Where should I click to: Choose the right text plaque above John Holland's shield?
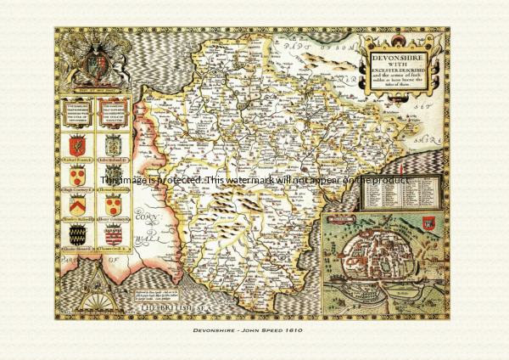(113, 110)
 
